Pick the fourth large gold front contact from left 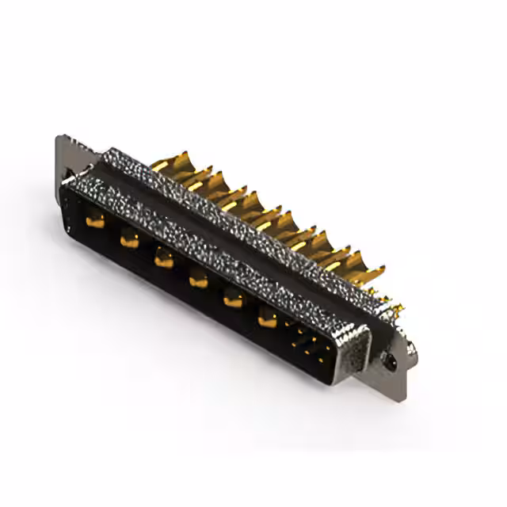click(x=198, y=277)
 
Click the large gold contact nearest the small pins click(x=268, y=318)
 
